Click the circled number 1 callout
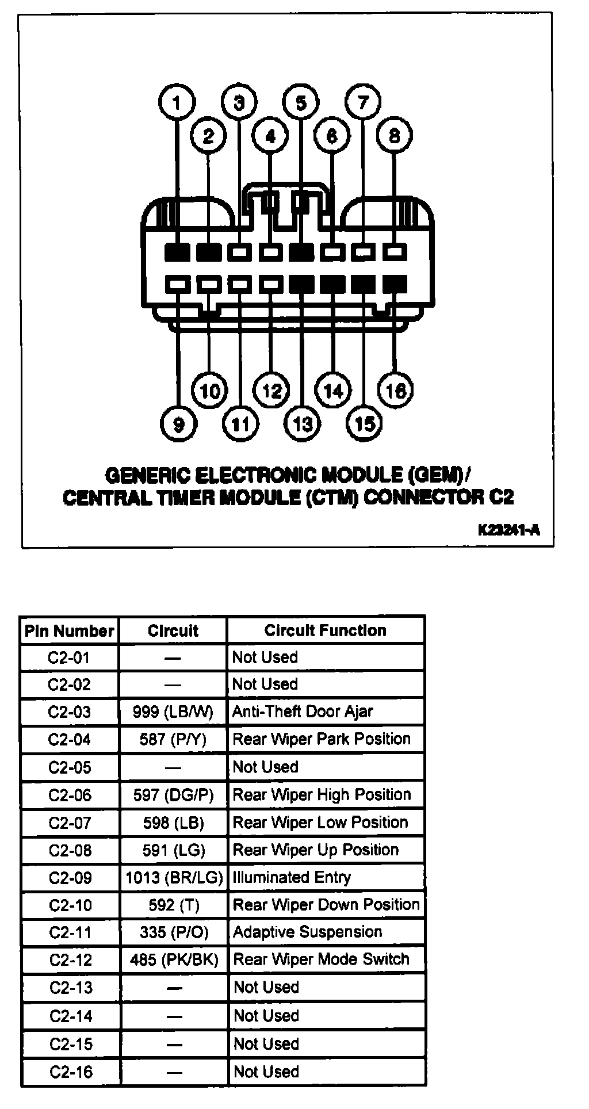coord(177,103)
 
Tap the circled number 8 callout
coord(394,136)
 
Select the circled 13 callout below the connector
coord(303,424)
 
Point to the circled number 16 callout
coord(395,391)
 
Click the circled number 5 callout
coord(301,103)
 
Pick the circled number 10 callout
coord(209,391)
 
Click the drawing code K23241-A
coord(508,530)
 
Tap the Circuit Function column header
coord(325,630)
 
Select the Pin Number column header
coord(70,631)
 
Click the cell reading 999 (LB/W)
coord(173,712)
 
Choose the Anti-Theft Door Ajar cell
coord(303,712)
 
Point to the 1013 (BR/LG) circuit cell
coord(174,878)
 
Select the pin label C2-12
coord(70,960)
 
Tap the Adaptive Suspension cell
coord(307,932)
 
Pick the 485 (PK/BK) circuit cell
coord(174,960)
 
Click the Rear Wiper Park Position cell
coord(322,739)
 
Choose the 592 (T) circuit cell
coord(174,905)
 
